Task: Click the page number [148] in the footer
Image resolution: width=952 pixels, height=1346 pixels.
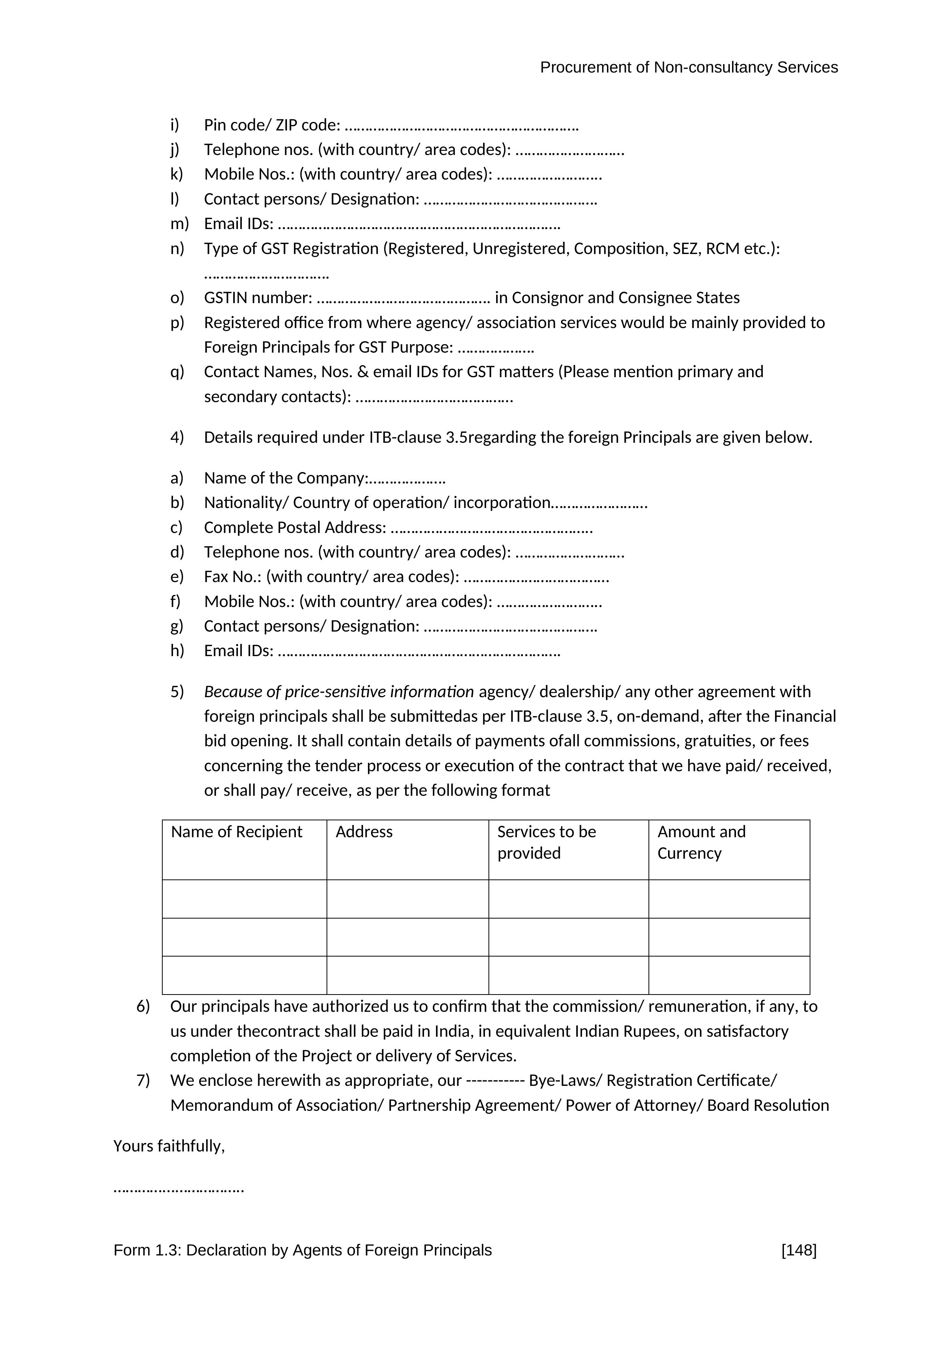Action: pyautogui.click(x=799, y=1250)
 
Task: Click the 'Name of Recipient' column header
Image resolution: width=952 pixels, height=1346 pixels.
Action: pyautogui.click(x=236, y=832)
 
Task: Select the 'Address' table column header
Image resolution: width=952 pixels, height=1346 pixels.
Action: pyautogui.click(x=364, y=832)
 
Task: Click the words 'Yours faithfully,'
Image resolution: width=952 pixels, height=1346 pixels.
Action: pyautogui.click(x=169, y=1146)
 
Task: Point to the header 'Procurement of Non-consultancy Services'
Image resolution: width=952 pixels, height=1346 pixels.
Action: pyautogui.click(x=688, y=68)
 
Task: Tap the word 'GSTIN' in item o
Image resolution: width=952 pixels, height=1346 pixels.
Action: pyautogui.click(x=226, y=298)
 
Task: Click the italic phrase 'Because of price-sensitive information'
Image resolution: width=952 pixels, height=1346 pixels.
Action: pyautogui.click(x=339, y=692)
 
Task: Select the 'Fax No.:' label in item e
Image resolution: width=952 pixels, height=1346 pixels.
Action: pyautogui.click(x=233, y=577)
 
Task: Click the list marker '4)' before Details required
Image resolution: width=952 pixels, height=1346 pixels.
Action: pyautogui.click(x=177, y=437)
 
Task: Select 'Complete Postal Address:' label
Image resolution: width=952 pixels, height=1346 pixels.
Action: pyautogui.click(x=295, y=528)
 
